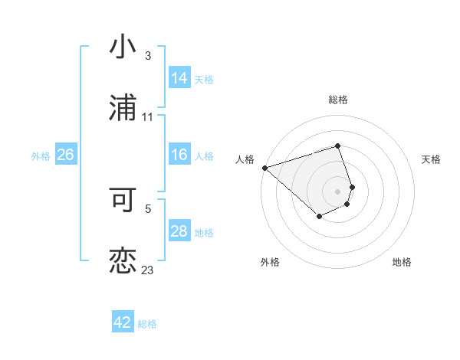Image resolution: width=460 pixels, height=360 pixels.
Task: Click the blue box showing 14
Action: [x=179, y=78]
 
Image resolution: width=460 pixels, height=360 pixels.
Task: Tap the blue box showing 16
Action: [x=179, y=155]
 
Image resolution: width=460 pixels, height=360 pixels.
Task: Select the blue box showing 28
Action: [x=179, y=231]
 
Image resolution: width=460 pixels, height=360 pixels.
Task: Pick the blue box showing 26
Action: [x=65, y=155]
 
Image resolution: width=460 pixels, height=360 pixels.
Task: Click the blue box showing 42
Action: [x=123, y=322]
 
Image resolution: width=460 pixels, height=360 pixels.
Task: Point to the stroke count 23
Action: [x=147, y=270]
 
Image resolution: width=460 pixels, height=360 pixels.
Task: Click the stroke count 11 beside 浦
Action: [x=147, y=116]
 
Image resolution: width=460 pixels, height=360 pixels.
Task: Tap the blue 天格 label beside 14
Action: [x=204, y=79]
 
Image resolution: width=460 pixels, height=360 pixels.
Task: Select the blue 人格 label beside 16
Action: [x=204, y=155]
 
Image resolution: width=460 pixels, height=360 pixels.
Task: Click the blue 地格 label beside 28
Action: [x=204, y=232]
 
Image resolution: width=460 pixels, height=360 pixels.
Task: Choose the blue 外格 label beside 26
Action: [x=41, y=155]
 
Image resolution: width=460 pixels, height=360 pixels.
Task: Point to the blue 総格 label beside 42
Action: [x=147, y=323]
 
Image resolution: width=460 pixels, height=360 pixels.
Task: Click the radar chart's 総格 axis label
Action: [x=338, y=100]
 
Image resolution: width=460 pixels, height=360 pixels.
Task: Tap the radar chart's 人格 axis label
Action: [x=245, y=159]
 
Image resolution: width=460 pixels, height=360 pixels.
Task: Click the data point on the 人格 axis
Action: [x=264, y=167]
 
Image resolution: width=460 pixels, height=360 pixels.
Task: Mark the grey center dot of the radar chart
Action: [x=338, y=191]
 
